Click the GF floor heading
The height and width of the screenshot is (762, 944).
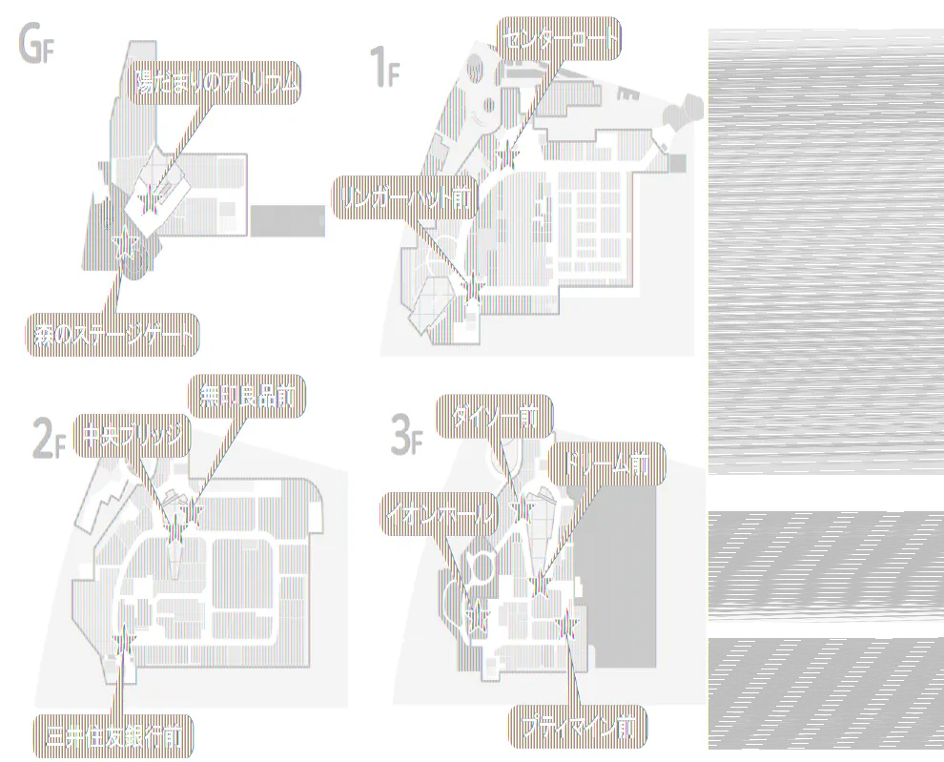(x=34, y=45)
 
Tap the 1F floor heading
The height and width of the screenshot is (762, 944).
(x=383, y=69)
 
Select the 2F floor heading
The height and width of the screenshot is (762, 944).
(x=48, y=440)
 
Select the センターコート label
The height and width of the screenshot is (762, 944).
(x=559, y=40)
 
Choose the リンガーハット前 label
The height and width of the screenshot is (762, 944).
(x=404, y=197)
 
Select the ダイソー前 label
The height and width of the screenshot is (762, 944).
(x=494, y=416)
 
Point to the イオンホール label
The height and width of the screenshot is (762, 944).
(x=440, y=516)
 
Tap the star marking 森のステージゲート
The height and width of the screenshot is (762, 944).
(x=123, y=246)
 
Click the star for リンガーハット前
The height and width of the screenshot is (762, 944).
(x=472, y=284)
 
